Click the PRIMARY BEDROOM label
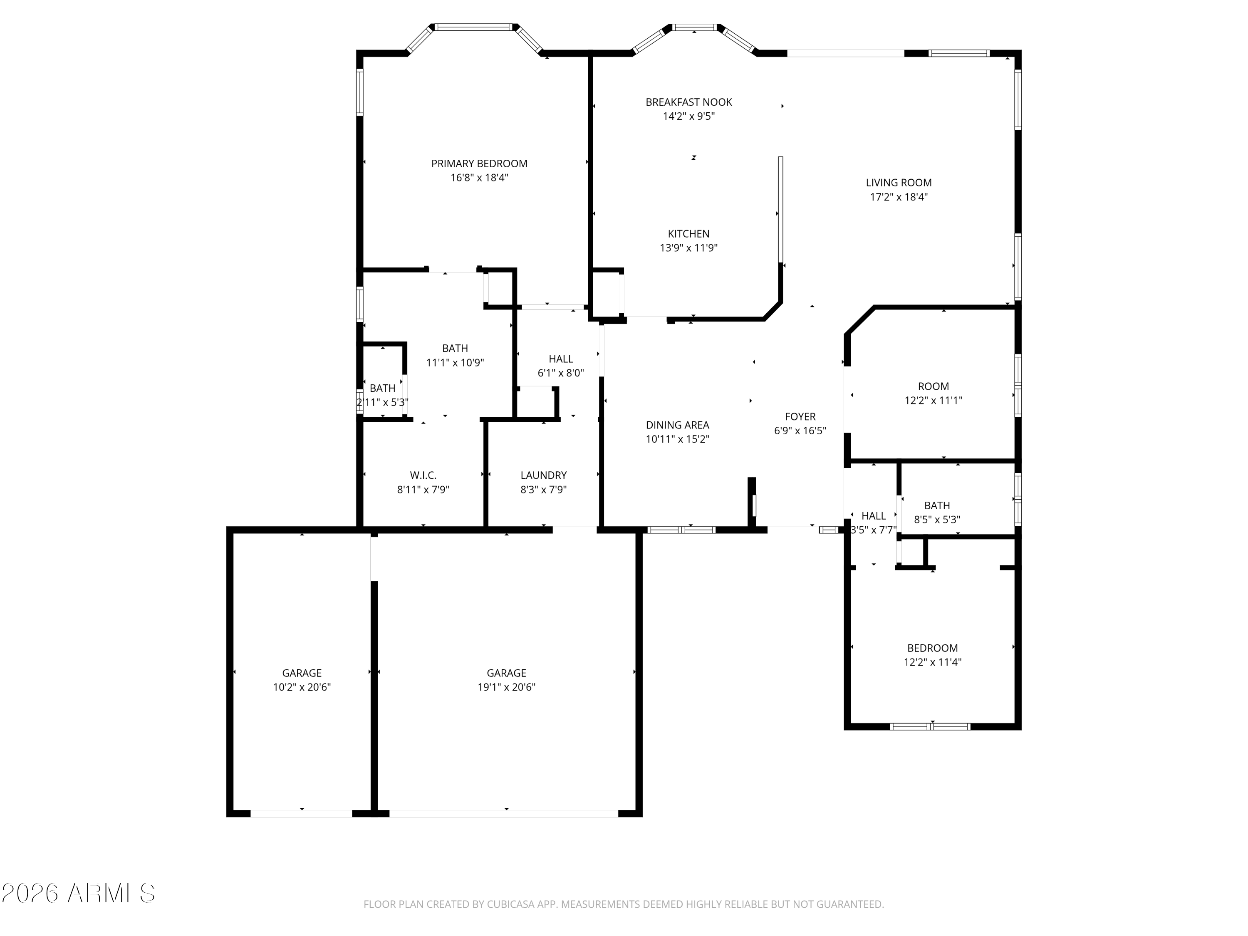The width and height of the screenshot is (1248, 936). coord(479,163)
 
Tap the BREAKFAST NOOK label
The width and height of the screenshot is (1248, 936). coord(689,102)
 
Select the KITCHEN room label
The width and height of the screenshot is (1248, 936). coord(688,233)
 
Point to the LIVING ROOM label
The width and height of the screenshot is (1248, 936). coord(899,183)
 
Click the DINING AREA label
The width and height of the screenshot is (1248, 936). coord(678,425)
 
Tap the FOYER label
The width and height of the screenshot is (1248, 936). coord(800,416)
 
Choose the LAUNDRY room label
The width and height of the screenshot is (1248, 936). coord(543,475)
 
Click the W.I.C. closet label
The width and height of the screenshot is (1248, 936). coord(423,475)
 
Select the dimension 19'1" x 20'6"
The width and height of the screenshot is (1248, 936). coord(507,687)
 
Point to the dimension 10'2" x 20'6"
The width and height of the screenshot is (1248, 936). coord(302,687)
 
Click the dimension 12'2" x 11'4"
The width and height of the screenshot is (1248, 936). coord(933,662)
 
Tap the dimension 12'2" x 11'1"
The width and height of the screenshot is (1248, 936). coord(933,401)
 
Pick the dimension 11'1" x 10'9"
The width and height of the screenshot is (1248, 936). coord(455,363)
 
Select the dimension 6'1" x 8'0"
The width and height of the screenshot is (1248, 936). coord(561,373)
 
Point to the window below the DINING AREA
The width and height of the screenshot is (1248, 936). coord(681,530)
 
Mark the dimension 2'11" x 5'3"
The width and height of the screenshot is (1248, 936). coord(383,403)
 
